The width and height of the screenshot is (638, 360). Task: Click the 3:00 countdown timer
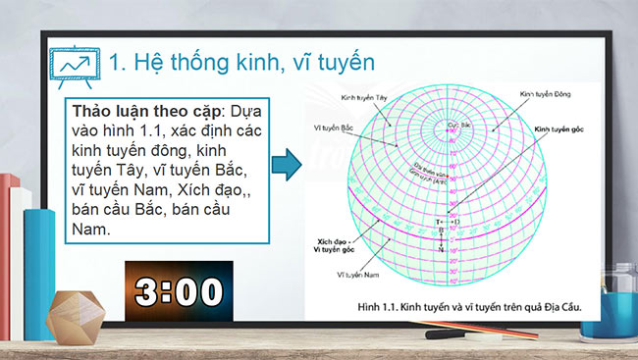[x=178, y=290]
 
